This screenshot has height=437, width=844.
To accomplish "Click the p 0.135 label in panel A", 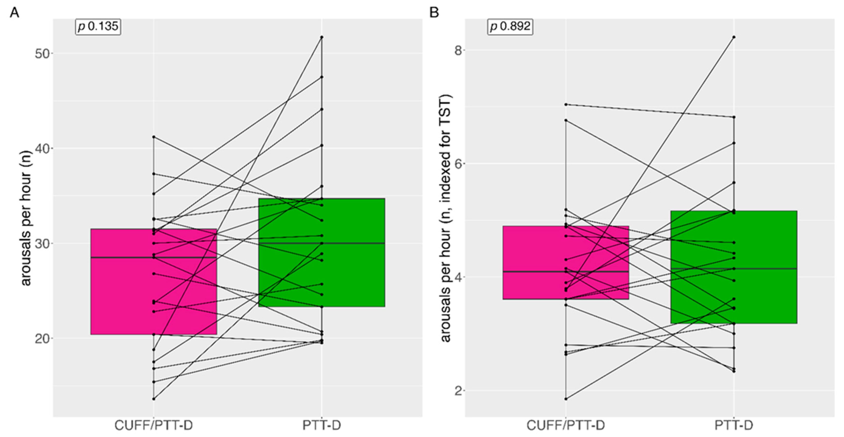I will pyautogui.click(x=98, y=26).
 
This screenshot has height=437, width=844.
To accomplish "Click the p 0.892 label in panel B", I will pyautogui.click(x=510, y=26).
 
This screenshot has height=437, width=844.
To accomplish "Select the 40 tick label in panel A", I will pyautogui.click(x=44, y=148).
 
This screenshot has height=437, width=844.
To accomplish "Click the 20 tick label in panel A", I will pyautogui.click(x=44, y=338).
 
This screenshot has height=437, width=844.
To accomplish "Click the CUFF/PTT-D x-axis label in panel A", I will pyautogui.click(x=153, y=425).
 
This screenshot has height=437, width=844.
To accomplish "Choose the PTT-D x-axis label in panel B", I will pyautogui.click(x=734, y=425).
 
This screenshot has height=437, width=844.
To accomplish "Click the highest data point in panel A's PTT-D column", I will pyautogui.click(x=322, y=37).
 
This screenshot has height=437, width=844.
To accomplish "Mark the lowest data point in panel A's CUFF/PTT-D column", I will pyautogui.click(x=154, y=399).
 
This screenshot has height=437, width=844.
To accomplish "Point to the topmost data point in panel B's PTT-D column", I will pyautogui.click(x=734, y=37).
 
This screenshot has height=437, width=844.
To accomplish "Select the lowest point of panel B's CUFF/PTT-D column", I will pyautogui.click(x=566, y=399).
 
